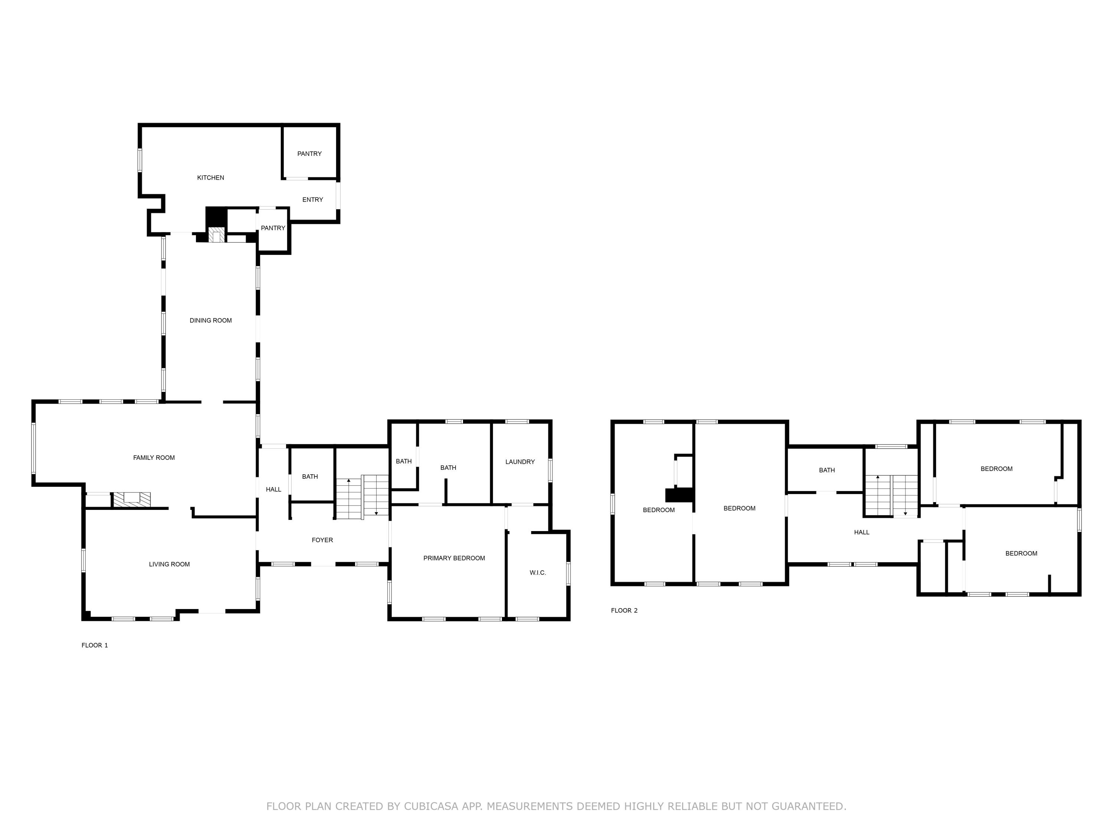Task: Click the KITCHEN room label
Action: (x=210, y=178)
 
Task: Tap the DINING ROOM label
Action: (x=210, y=321)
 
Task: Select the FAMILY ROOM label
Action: (x=154, y=458)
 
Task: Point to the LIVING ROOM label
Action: (x=169, y=564)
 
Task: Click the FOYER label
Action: (x=322, y=540)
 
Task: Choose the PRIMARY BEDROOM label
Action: (x=454, y=558)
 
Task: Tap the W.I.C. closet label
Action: (x=537, y=573)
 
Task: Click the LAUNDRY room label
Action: (x=520, y=462)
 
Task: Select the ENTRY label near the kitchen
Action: (x=312, y=200)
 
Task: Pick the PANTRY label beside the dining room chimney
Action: (x=273, y=228)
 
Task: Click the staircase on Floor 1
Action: (x=362, y=497)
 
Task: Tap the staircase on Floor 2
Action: (x=891, y=496)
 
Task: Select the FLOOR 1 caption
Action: (x=95, y=645)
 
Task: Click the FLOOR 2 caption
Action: (x=624, y=610)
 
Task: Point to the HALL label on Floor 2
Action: (x=861, y=532)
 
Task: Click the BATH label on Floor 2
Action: (x=827, y=470)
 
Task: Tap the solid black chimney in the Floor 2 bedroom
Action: (x=679, y=495)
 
